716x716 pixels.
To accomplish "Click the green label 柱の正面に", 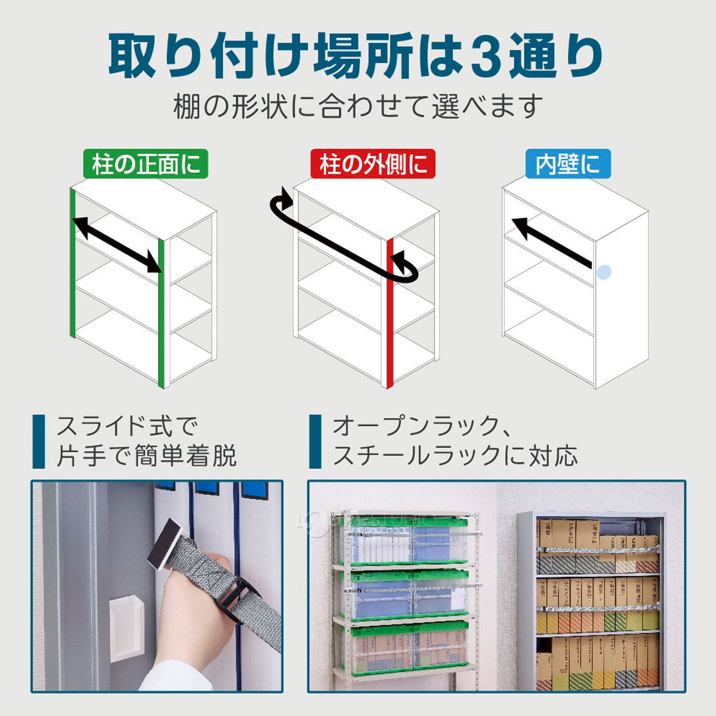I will (x=145, y=164).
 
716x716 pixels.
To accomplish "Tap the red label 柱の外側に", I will (x=373, y=164).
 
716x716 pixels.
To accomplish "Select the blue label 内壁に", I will (x=568, y=164).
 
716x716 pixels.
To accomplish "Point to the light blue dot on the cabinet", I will (x=604, y=272).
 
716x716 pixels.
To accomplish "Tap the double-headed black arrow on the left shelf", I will (x=117, y=244).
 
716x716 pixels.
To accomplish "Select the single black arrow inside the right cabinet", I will (x=552, y=242).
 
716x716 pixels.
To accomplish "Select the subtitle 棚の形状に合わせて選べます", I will (x=358, y=107).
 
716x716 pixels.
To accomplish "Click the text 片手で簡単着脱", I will (x=146, y=456).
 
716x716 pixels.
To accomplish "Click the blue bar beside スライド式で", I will (x=39, y=441).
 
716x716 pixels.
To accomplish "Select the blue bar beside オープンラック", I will (x=315, y=441).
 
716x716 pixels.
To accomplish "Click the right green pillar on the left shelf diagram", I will (x=162, y=313).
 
